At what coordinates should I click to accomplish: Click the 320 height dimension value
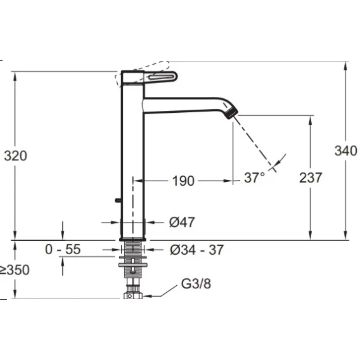16,156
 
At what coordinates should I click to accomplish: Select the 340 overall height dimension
345,151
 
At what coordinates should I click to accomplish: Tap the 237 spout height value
311,177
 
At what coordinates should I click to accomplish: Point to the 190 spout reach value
183,181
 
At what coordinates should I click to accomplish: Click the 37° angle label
254,177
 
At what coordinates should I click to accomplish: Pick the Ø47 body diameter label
182,222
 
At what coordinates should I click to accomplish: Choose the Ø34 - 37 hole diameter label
196,250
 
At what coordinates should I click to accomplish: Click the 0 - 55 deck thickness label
63,249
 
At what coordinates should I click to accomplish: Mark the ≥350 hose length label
15,269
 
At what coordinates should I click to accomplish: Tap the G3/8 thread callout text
196,283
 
